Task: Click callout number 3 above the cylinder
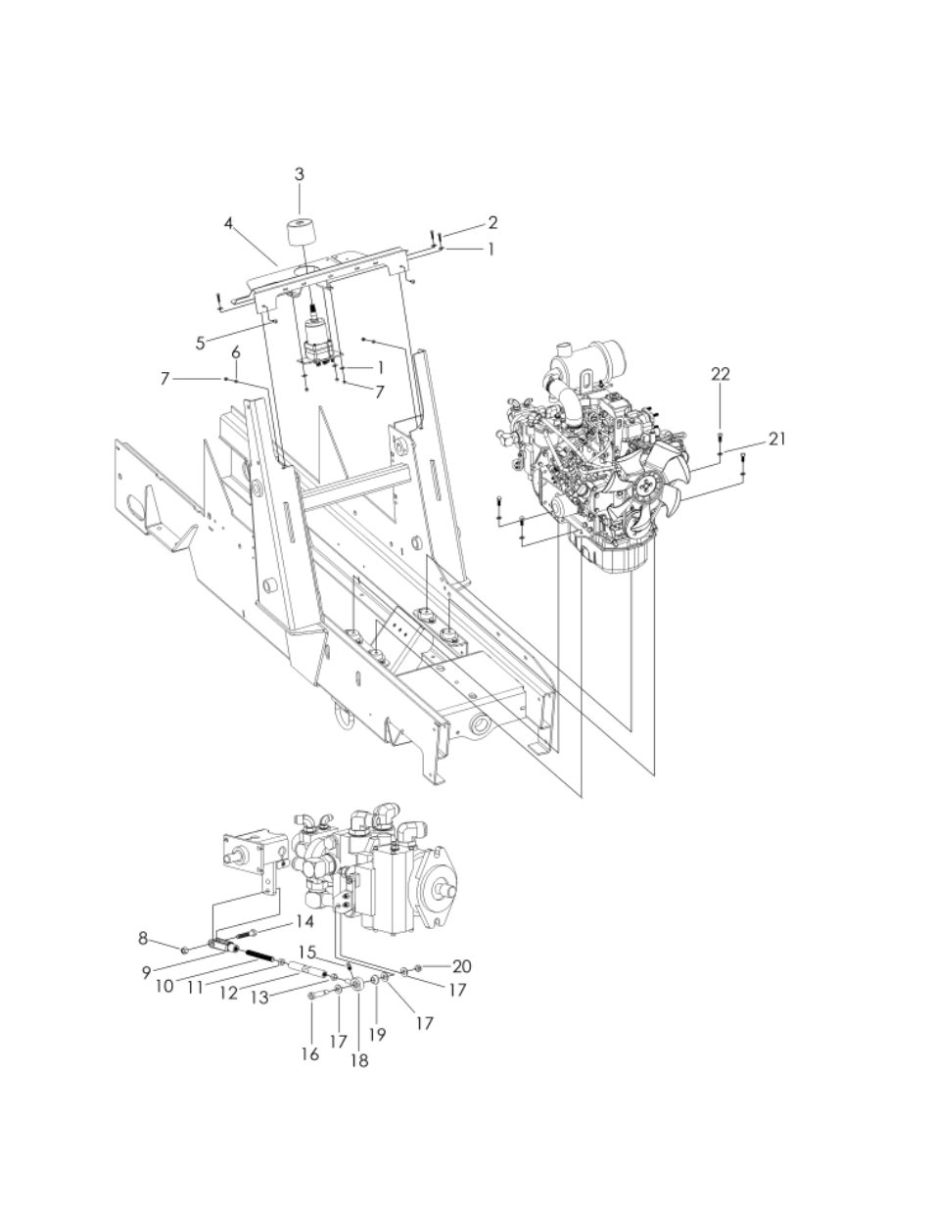[x=300, y=174]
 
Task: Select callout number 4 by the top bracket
[x=229, y=223]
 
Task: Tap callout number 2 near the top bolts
[x=492, y=222]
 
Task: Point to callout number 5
[x=201, y=344]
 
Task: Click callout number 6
[x=236, y=352]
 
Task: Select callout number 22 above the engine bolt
[x=720, y=374]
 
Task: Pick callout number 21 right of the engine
[x=777, y=439]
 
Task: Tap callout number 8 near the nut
[x=143, y=938]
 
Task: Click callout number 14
[x=304, y=921]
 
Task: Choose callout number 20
[x=462, y=966]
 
